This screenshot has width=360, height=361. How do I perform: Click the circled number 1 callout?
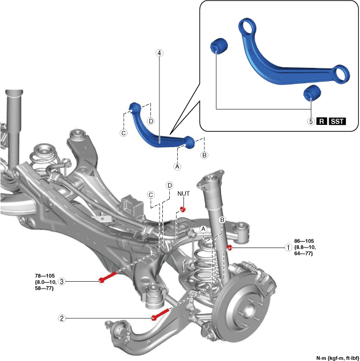click(288, 248)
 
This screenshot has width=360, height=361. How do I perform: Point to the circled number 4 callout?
click(159, 52)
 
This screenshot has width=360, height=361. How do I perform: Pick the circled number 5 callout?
click(311, 121)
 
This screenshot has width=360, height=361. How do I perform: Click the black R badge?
click(322, 121)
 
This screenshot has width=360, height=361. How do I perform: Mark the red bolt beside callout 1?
click(229, 248)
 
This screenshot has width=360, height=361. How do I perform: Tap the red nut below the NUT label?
click(183, 209)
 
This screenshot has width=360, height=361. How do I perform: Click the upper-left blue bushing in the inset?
click(219, 45)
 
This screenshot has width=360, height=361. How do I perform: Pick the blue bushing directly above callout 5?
click(311, 93)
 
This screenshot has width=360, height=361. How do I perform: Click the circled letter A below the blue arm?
click(177, 167)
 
